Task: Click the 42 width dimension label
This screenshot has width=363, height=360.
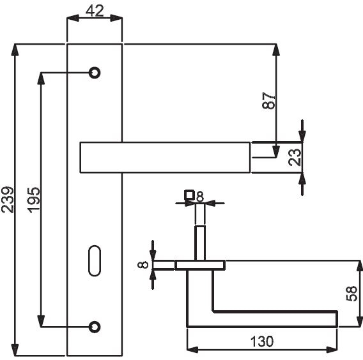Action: (x=95, y=10)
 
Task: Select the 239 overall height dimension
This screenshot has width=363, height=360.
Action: (x=8, y=200)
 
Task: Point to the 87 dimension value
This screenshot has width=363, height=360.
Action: (x=268, y=101)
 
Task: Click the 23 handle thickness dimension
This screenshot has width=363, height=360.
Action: (x=295, y=157)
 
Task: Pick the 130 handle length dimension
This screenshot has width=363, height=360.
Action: (x=262, y=341)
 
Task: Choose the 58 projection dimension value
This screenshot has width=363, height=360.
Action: (x=351, y=294)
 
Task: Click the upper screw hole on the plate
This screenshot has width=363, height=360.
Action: (x=95, y=73)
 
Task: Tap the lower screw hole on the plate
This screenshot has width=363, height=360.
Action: (x=95, y=327)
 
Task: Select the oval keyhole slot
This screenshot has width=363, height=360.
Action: (x=95, y=260)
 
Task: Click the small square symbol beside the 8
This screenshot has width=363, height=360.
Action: (x=189, y=195)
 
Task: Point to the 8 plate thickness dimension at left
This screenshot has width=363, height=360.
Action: (x=143, y=265)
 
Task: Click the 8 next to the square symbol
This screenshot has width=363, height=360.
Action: (x=200, y=197)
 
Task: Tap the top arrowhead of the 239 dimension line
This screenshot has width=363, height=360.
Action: (x=15, y=50)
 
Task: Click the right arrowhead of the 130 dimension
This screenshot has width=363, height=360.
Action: (x=332, y=350)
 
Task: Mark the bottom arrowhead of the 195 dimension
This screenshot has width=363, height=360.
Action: (x=41, y=321)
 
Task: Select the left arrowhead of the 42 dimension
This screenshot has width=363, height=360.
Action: (x=73, y=19)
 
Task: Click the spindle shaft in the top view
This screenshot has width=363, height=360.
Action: (x=200, y=243)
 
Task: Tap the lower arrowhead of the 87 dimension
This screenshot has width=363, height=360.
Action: (x=276, y=152)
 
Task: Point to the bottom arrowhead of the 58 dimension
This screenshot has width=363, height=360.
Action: (x=360, y=321)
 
